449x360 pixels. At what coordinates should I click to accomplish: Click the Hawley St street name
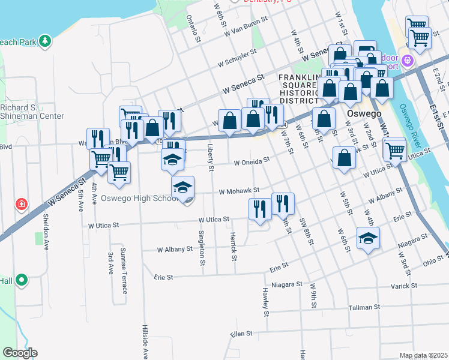pos(265,301)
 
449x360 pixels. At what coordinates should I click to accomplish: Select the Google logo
pos(20,353)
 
